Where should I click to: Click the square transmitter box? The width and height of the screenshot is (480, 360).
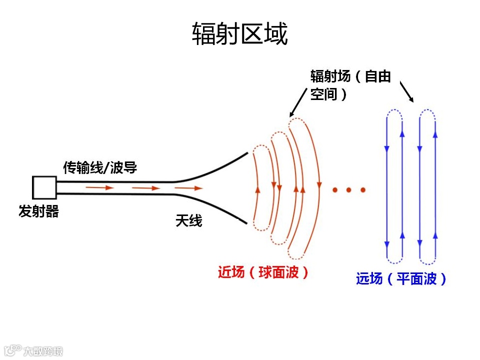(x=44, y=188)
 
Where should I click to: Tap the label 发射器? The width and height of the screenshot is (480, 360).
(x=38, y=211)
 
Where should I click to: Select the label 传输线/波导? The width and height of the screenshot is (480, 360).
(x=100, y=167)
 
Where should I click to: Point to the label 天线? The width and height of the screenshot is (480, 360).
(x=189, y=220)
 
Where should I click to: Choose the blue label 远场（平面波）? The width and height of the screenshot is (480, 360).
(x=401, y=278)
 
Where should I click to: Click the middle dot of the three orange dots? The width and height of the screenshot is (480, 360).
(x=349, y=190)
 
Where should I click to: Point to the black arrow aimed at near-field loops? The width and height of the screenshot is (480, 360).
(x=298, y=102)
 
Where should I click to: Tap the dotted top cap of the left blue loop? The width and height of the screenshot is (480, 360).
(x=394, y=113)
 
